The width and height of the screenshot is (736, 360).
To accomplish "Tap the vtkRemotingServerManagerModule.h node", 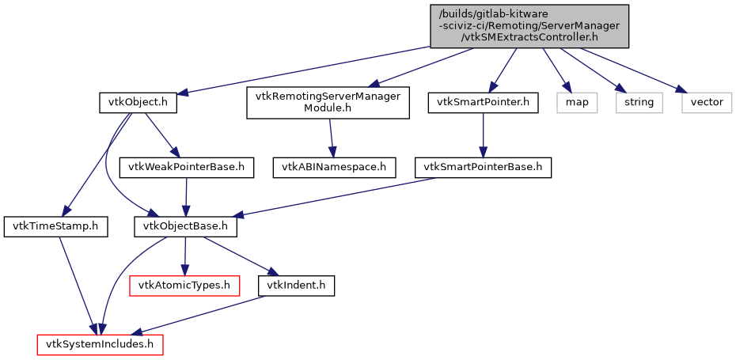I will click(x=328, y=102).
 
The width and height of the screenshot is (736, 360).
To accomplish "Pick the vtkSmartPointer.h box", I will click(x=483, y=102).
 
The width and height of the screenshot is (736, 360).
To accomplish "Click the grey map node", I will click(x=576, y=102).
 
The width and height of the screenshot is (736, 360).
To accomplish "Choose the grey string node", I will click(x=639, y=102).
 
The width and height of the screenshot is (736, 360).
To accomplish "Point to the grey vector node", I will click(x=707, y=102).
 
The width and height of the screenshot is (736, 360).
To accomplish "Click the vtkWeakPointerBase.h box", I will click(x=186, y=167).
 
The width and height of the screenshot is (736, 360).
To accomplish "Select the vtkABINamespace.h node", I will click(x=333, y=167).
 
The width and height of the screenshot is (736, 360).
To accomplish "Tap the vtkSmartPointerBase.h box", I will click(x=483, y=167).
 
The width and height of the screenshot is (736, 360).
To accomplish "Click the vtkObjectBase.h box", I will click(x=185, y=227).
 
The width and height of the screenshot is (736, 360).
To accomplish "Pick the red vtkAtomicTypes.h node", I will click(x=184, y=285).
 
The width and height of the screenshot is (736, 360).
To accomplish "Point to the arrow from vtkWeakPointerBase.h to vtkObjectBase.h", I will click(x=186, y=197).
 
